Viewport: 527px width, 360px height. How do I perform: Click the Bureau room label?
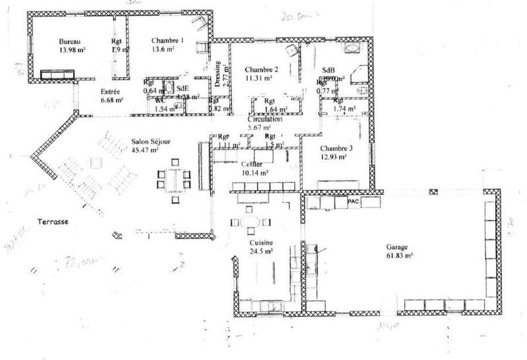click(x=69, y=40)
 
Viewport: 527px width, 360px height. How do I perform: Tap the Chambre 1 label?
click(x=167, y=40)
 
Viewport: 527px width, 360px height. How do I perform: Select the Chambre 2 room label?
click(x=262, y=69)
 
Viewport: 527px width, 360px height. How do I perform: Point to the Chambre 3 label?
click(x=337, y=148)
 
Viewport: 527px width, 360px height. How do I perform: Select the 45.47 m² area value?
click(x=145, y=150)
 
